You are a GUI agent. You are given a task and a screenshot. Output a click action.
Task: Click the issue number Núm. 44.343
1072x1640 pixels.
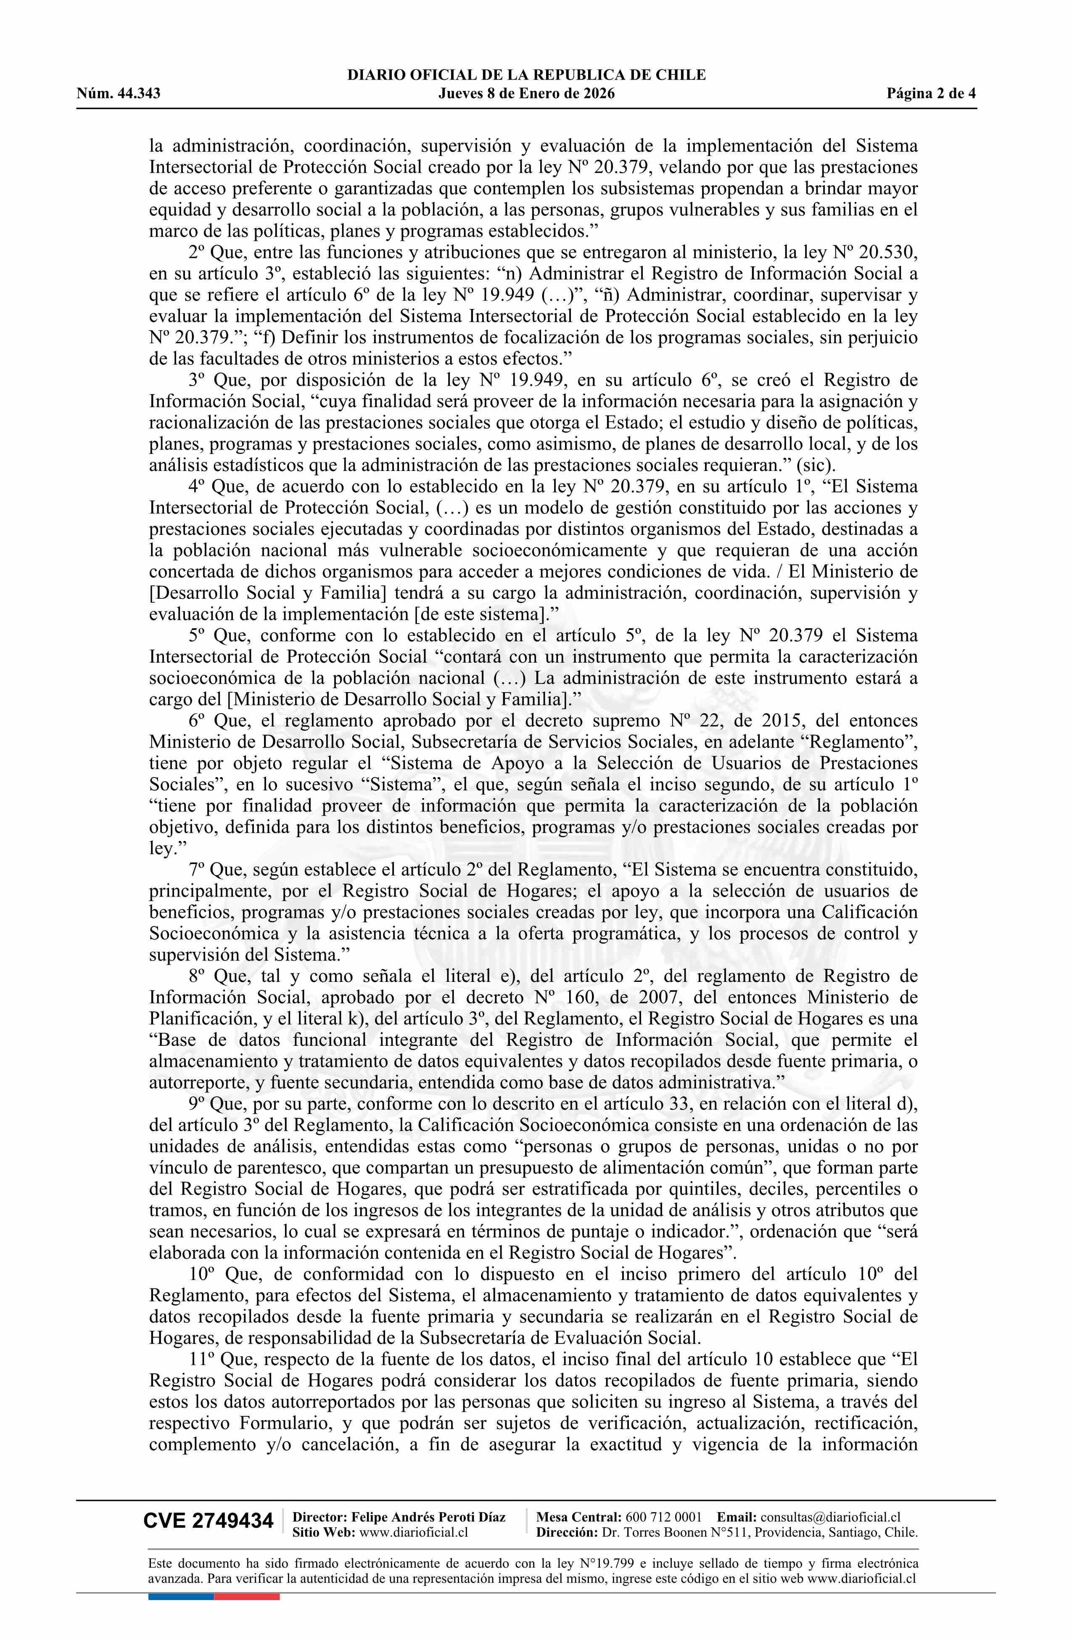[119, 94]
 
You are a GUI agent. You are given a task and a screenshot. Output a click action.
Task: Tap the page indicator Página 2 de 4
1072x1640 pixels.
[932, 94]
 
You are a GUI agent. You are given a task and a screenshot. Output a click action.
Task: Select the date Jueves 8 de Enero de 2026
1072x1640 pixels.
[526, 94]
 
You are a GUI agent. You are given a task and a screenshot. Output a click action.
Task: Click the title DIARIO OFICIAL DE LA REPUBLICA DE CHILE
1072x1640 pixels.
[526, 75]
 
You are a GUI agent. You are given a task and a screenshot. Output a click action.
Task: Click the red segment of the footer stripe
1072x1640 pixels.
[247, 1596]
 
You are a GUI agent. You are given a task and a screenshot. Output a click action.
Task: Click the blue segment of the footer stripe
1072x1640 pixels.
[180, 1596]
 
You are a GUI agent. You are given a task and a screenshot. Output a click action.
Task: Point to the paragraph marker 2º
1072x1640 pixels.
[197, 253]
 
